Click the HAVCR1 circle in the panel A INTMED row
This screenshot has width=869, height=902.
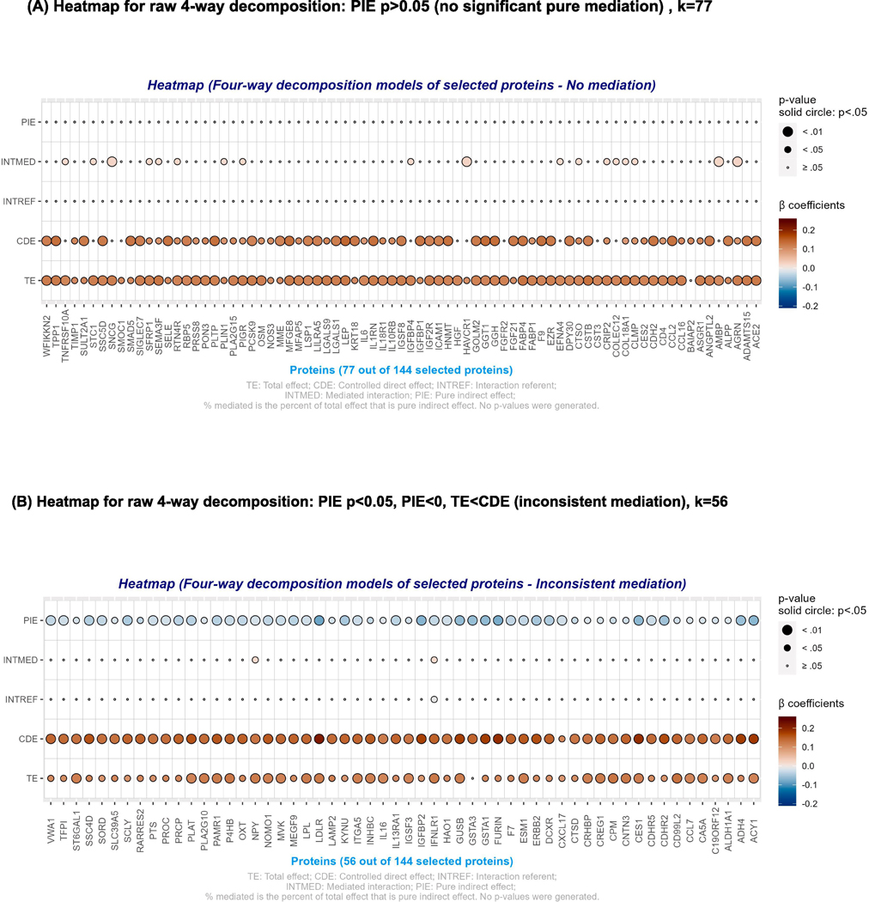point(466,162)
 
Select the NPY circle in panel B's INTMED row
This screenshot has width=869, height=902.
point(255,660)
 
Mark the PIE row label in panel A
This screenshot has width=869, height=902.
point(29,122)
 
